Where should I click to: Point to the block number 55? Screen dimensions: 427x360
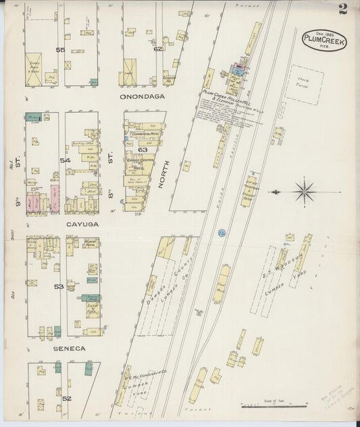coord(61,50)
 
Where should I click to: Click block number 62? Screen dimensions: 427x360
coord(157,48)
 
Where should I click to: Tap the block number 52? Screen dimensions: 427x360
coord(66,398)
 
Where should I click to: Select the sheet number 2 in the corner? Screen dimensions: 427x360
coord(343,9)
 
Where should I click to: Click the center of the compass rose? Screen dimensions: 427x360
coord(303,191)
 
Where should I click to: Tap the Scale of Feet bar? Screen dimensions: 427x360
coord(274,405)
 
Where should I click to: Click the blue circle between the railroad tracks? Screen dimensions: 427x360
coord(222,233)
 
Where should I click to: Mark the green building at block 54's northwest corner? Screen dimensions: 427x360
coord(33,117)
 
